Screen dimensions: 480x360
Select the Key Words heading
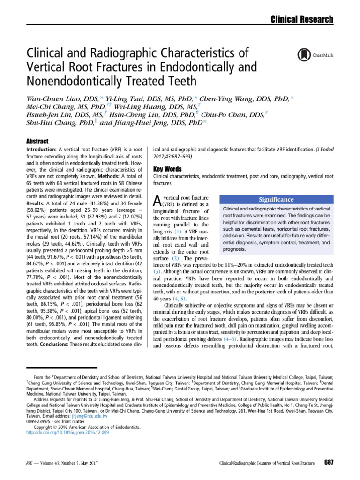tap(168, 168)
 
